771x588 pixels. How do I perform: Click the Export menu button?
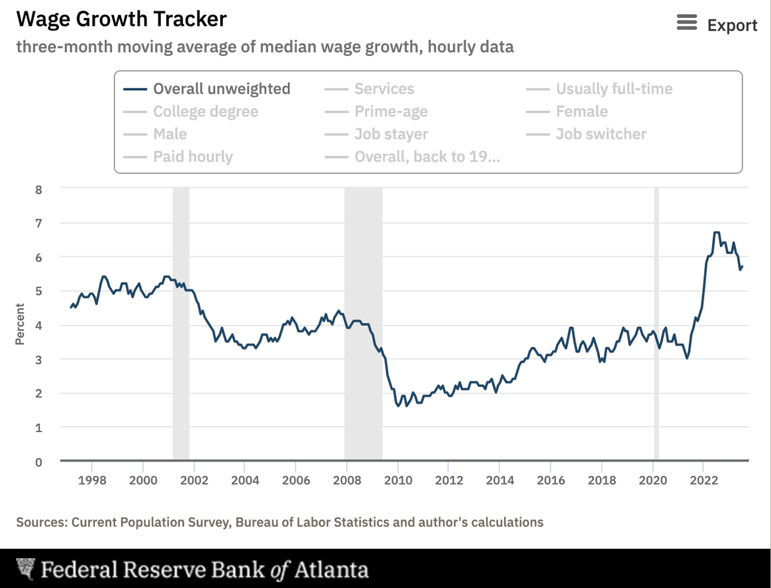[717, 25]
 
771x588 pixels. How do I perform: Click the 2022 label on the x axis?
[704, 480]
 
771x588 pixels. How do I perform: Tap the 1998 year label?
[92, 480]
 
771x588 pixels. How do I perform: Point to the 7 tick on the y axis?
[39, 223]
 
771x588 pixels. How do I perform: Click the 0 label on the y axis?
[39, 462]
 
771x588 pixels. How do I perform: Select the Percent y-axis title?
[20, 324]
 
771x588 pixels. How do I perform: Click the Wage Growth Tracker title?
[121, 19]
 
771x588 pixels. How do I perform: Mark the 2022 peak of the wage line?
[716, 232]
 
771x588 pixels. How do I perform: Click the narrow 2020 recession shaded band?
[657, 325]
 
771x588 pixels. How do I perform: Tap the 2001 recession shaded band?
[181, 325]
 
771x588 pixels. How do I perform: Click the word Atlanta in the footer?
[330, 569]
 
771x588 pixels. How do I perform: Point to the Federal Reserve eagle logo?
[25, 569]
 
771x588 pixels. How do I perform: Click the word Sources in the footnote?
[41, 522]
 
